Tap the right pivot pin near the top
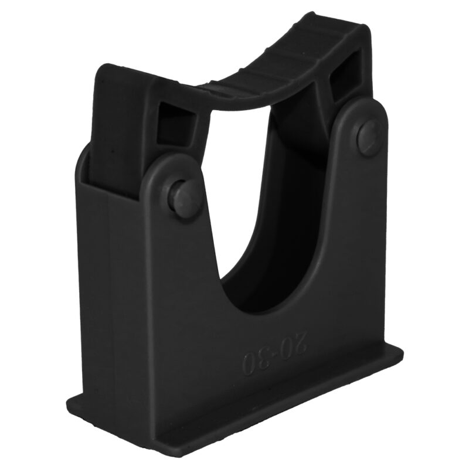369,137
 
